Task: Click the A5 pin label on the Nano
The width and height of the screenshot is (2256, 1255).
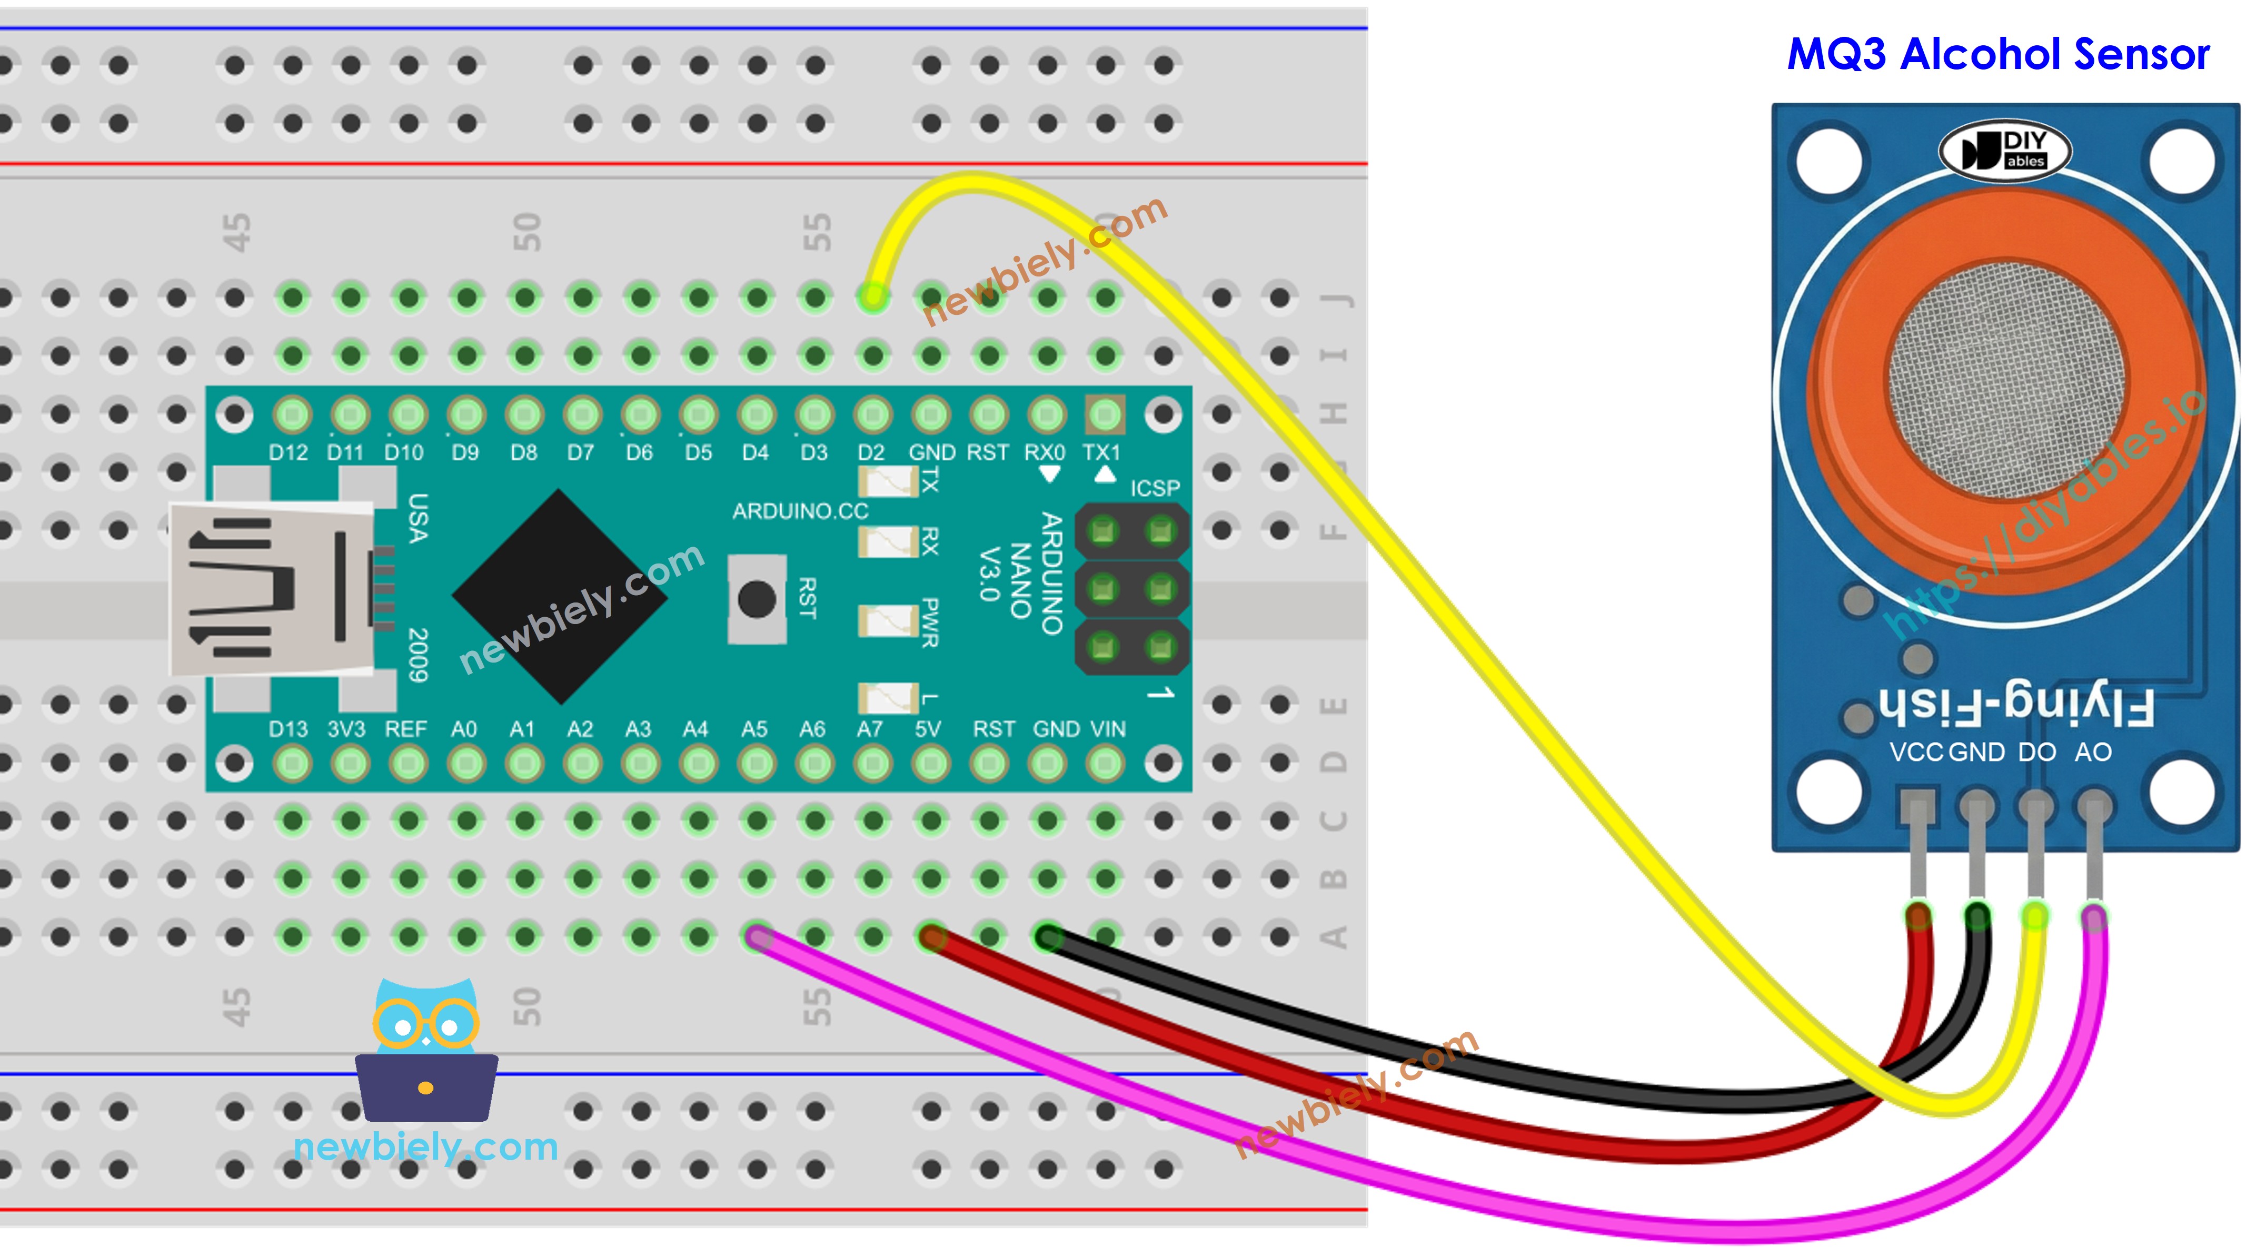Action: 754,729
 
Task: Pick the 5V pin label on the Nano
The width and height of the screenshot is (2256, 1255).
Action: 928,729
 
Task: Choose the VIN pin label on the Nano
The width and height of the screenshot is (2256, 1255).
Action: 1108,729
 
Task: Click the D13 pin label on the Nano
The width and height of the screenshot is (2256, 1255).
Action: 288,729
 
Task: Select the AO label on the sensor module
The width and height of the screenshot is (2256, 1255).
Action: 2093,752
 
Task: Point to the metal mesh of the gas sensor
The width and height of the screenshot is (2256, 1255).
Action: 2005,381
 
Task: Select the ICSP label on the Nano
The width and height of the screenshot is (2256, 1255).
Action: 1154,488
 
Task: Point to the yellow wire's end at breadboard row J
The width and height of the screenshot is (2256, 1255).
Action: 873,297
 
